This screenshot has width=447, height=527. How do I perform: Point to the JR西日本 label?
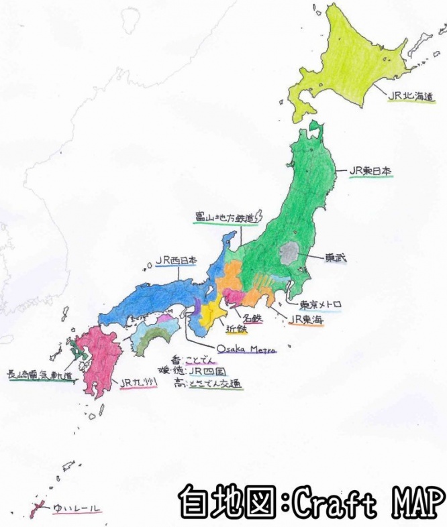[x=176, y=259]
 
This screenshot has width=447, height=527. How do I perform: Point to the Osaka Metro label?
[x=242, y=349]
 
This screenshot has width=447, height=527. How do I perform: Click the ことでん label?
[x=201, y=359]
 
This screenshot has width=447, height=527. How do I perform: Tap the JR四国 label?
[x=205, y=371]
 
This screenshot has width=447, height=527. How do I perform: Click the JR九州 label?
[x=138, y=383]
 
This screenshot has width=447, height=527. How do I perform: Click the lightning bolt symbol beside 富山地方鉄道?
[x=262, y=216]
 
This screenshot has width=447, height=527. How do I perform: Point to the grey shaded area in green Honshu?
[x=290, y=253]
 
